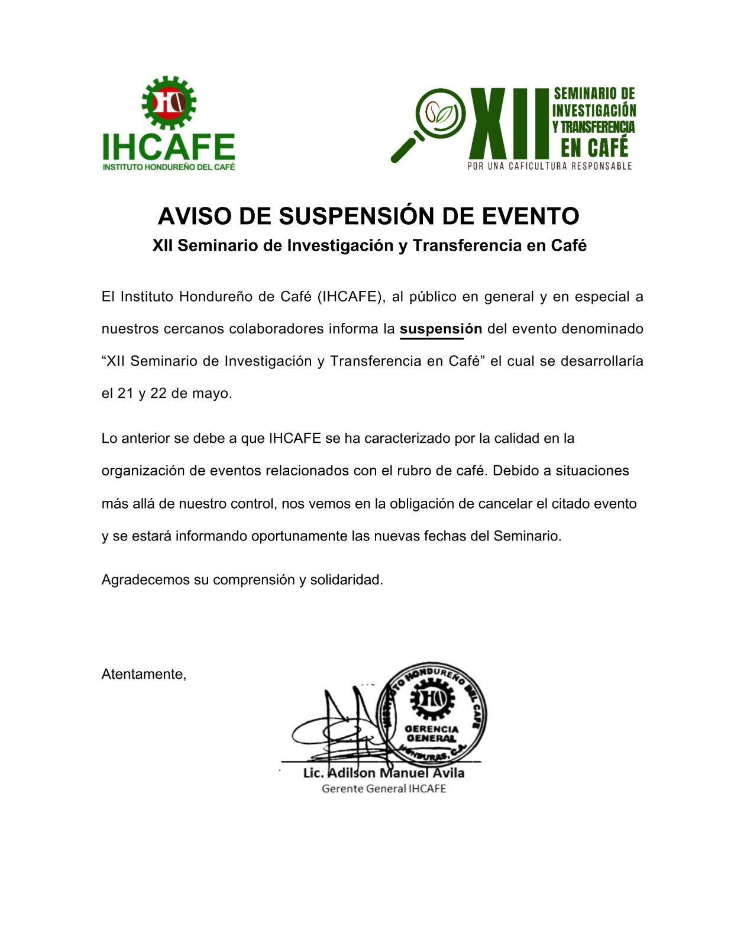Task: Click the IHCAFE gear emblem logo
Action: point(169,103)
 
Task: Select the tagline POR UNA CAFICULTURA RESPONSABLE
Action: point(549,166)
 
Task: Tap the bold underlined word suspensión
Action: point(441,329)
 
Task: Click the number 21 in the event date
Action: point(125,393)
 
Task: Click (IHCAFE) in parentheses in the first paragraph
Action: point(351,297)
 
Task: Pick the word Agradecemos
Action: point(145,580)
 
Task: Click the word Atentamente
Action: point(144,674)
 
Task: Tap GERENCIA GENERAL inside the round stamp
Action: point(432,734)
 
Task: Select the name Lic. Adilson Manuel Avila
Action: point(383,773)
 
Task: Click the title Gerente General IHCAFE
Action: point(383,789)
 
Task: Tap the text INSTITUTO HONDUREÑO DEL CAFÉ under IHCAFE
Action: point(169,167)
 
